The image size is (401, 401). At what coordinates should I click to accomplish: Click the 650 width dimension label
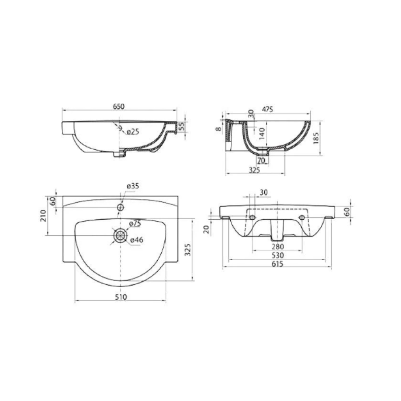pyautogui.click(x=119, y=106)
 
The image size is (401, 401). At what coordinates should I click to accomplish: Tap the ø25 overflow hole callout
pyautogui.click(x=133, y=132)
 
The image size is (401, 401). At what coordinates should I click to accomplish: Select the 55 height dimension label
pyautogui.click(x=181, y=127)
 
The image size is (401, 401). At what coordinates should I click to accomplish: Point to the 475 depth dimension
pyautogui.click(x=267, y=109)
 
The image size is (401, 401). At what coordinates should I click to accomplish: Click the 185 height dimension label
pyautogui.click(x=316, y=138)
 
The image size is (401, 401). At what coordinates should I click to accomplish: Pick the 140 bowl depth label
pyautogui.click(x=262, y=134)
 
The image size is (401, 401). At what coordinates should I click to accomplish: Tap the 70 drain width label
pyautogui.click(x=261, y=161)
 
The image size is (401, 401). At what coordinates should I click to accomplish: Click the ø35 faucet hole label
pyautogui.click(x=133, y=186)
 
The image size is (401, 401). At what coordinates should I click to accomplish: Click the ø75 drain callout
pyautogui.click(x=135, y=223)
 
